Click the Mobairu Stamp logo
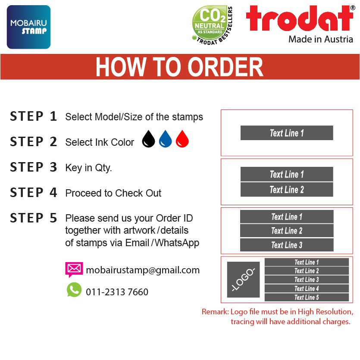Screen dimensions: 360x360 pos(28,27)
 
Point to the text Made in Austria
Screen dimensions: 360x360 pos(320,39)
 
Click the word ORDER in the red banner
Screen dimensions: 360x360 pos(225,67)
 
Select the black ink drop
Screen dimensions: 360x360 pos(148,139)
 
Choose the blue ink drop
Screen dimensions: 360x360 pos(165,139)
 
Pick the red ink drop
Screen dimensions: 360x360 pos(182,139)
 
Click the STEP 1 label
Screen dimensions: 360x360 pos(33,116)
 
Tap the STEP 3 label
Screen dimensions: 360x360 pos(33,167)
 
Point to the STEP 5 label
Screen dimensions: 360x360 pos(33,218)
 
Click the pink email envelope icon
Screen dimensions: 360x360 pos(74,269)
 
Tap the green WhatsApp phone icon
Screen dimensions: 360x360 pos(74,290)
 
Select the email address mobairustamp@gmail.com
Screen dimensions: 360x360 pos(143,270)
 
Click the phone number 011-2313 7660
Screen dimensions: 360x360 pos(117,292)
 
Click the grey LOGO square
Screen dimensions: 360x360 pos(243,279)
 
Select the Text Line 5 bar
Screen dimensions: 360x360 pos(307,297)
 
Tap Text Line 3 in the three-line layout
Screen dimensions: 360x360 pos(287,245)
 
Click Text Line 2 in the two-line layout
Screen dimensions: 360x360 pos(287,190)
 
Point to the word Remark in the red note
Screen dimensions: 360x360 pos(215,312)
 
